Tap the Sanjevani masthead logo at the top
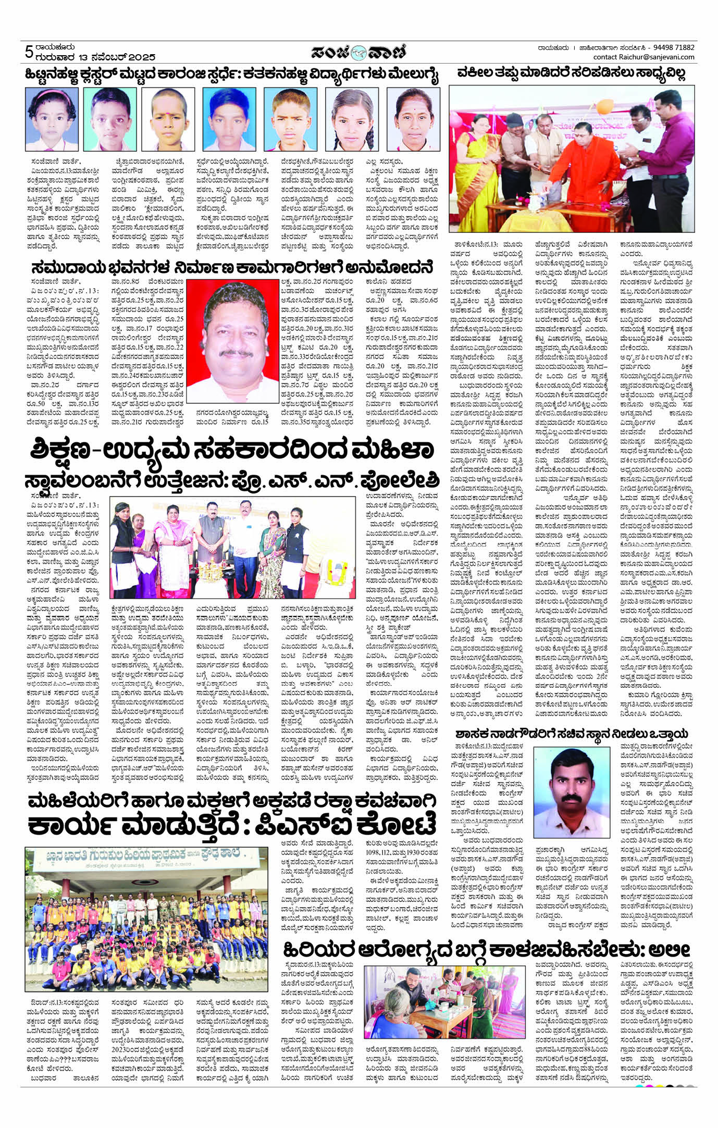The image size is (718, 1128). pos(359,53)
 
